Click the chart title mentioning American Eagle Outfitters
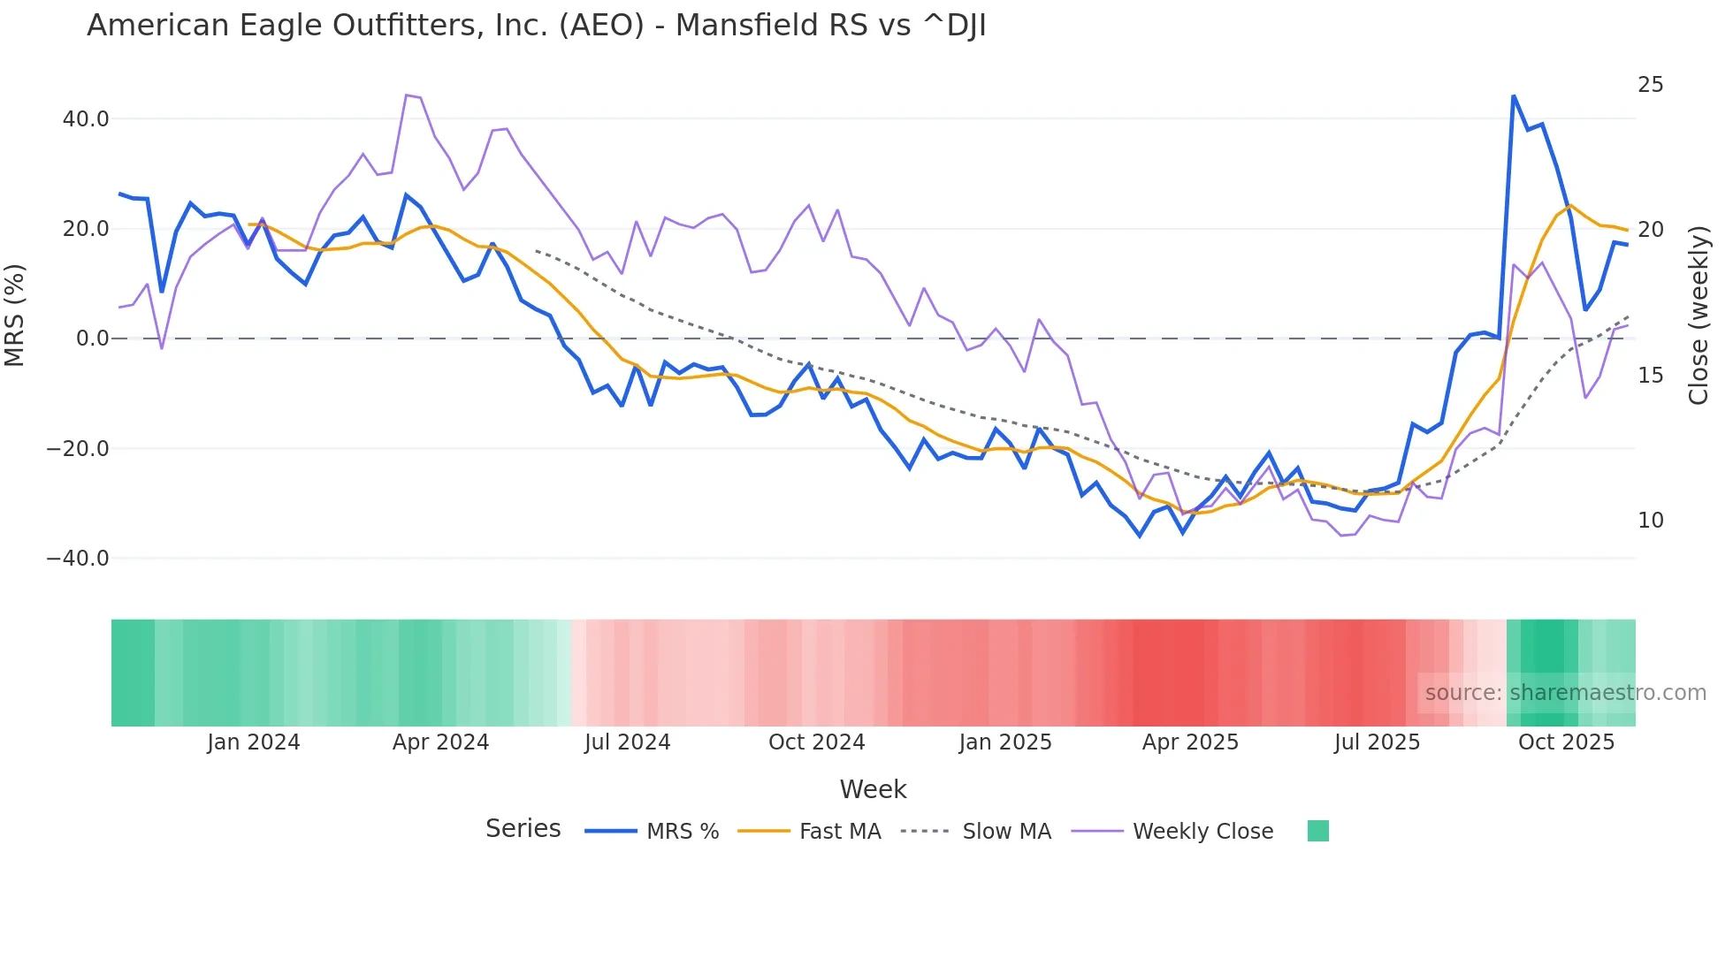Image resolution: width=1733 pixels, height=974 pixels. click(x=536, y=26)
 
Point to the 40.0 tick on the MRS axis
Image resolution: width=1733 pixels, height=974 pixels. click(x=86, y=118)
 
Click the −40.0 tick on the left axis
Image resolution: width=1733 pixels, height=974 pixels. click(x=78, y=559)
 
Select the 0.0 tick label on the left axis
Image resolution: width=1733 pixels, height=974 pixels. click(x=92, y=339)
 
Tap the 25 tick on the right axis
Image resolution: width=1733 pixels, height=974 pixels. click(x=1650, y=85)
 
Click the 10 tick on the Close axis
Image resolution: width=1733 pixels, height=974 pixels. click(x=1650, y=521)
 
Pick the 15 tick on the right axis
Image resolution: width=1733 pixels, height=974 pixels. click(x=1650, y=376)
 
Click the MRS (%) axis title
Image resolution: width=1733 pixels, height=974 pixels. click(x=15, y=316)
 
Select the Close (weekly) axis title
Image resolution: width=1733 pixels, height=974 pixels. click(x=1698, y=316)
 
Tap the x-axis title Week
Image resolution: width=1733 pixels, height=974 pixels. click(x=873, y=789)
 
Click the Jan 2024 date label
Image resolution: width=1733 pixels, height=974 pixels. click(x=254, y=742)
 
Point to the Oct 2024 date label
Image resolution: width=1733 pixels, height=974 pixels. click(x=816, y=742)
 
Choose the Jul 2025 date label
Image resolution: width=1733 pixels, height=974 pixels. click(x=1377, y=742)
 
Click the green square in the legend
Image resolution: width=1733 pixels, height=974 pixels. click(x=1317, y=831)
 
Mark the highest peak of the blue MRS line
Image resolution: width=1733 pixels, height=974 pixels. click(x=1513, y=95)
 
